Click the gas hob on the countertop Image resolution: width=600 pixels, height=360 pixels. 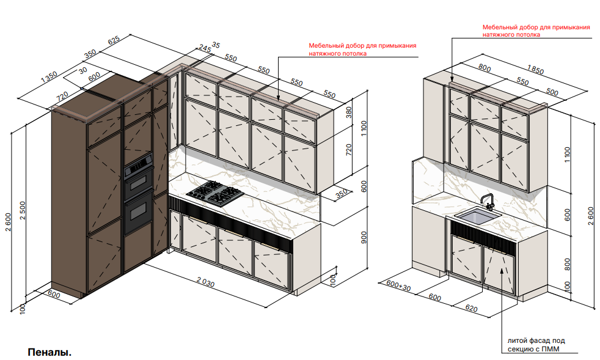(215, 193)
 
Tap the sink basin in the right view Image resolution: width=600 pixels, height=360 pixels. (478, 216)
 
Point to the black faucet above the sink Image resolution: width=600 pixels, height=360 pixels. (487, 202)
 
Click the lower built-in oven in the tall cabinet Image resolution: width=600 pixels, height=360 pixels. (138, 212)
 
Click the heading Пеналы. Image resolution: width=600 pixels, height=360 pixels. (49, 352)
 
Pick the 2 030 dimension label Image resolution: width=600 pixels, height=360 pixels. (205, 282)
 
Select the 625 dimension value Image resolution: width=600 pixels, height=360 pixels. (114, 40)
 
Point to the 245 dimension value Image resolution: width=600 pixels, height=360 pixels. (205, 49)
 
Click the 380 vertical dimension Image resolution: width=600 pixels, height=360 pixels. (349, 112)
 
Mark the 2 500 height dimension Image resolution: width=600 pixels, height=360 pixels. (23, 210)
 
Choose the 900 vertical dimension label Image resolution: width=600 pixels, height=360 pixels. (364, 237)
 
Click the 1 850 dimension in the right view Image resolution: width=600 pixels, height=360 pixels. (535, 70)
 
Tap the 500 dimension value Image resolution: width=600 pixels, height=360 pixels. (552, 92)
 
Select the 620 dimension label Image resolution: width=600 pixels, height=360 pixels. (472, 308)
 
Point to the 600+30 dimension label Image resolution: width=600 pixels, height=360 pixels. (398, 285)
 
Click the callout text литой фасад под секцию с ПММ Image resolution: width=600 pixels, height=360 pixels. (536, 344)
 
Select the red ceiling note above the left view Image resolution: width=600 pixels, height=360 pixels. (362, 50)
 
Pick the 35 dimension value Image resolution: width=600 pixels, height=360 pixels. (216, 45)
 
